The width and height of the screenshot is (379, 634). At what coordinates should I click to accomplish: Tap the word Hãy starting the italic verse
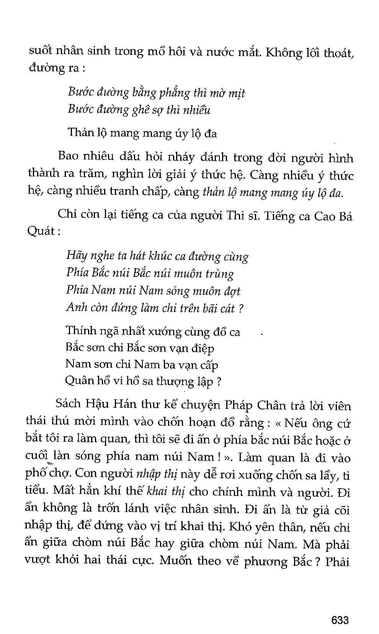[77, 256]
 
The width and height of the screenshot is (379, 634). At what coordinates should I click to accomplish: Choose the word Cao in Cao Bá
[325, 217]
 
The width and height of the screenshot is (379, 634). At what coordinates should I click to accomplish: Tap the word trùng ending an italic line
[219, 274]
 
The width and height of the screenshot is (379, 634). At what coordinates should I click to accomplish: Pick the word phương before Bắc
[266, 562]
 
